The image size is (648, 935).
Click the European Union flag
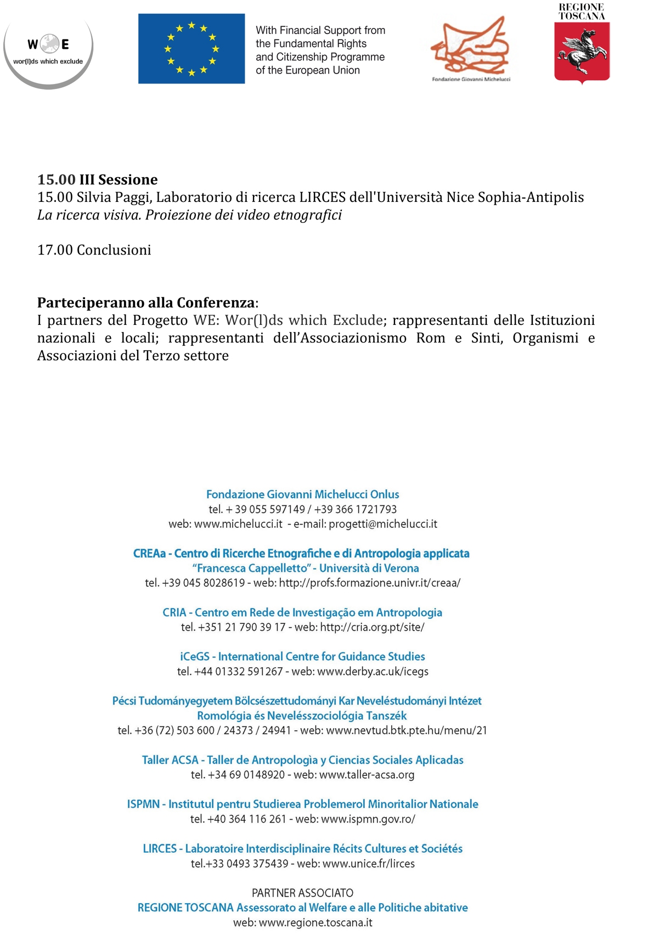pos(191,48)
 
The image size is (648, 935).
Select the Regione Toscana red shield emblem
pos(582,52)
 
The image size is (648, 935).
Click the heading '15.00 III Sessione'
pos(97,179)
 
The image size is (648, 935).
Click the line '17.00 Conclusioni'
pos(94,250)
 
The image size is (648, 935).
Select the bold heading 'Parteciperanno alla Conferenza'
pos(146,302)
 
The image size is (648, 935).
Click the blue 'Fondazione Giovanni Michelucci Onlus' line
pos(302,494)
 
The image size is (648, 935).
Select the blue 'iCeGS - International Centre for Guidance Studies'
pos(302,656)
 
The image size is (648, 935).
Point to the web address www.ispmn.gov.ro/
pos(368,819)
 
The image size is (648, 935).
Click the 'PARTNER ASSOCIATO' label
pos(302,893)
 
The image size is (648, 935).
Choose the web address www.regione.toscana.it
pos(315,922)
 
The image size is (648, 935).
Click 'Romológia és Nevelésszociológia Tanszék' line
pos(302,716)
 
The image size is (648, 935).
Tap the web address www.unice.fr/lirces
pos(368,863)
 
